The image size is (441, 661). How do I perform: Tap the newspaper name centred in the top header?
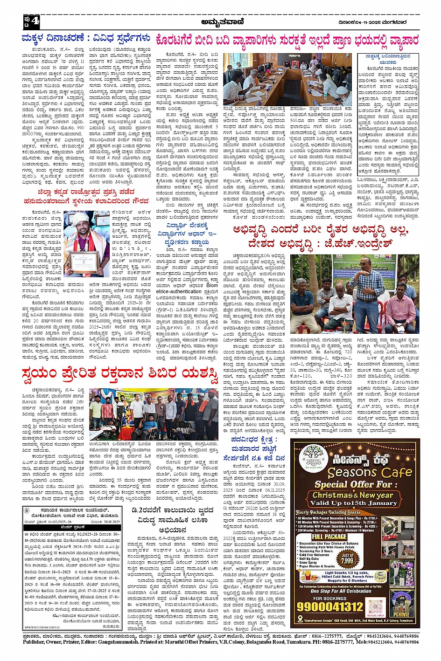220,22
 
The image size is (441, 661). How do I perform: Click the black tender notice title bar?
72,527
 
